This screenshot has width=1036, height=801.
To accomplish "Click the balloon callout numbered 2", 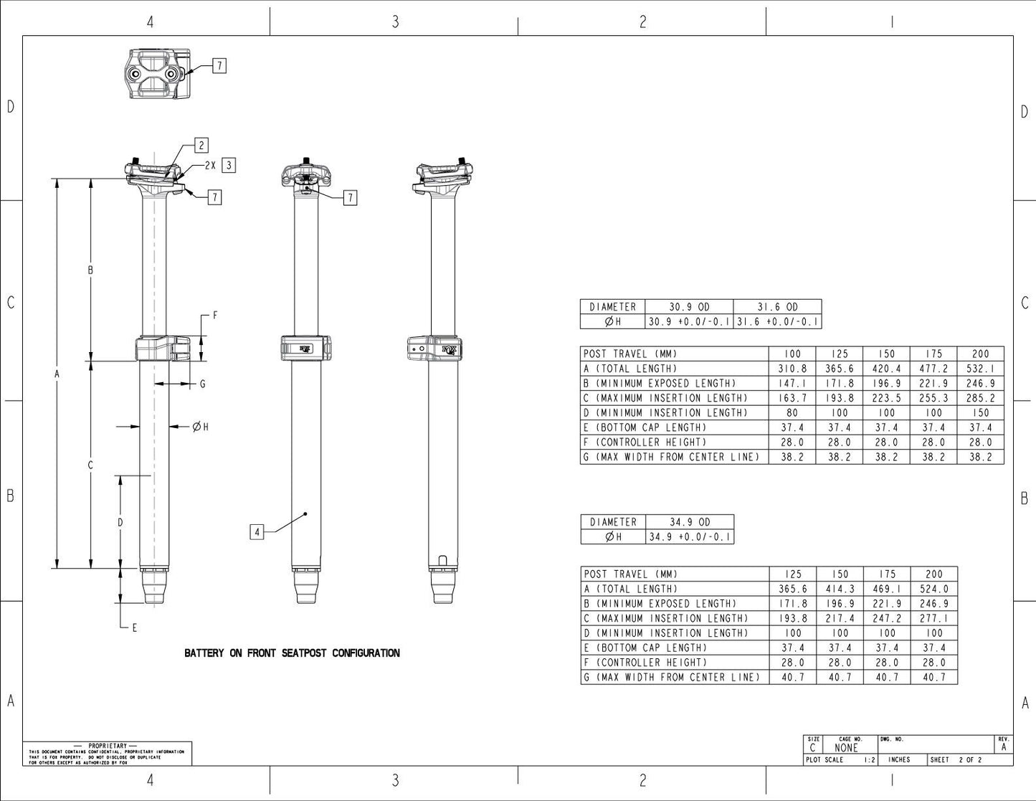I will point(201,146).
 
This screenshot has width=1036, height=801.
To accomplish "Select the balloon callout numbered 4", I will point(257,531).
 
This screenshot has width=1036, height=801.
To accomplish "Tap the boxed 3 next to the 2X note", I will point(229,165).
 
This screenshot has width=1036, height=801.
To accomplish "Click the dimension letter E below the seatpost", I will point(134,627).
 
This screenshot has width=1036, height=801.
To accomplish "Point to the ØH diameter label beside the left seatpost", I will point(201,427).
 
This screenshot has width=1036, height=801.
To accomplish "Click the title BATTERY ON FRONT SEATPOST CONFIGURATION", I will point(292,653).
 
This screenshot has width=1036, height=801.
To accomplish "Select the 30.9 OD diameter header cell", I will point(689,307).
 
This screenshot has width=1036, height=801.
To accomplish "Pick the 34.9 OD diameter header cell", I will point(690,522).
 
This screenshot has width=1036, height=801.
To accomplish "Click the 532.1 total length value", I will point(980,369).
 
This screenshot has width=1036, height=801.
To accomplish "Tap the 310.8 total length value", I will point(792,369).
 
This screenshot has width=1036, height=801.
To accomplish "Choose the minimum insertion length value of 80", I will point(792,413).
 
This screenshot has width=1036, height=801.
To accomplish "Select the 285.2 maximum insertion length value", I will point(980,398).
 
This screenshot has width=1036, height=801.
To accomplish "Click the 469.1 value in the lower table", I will point(887,589).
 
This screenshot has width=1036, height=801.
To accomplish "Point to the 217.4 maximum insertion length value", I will point(840,618).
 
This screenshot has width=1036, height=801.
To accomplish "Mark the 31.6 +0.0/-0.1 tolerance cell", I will point(778,322).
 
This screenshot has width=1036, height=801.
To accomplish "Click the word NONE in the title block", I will point(846,748).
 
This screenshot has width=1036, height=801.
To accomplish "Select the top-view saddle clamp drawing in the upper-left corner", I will point(158,75).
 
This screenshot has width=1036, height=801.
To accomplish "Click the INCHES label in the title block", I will point(899,759).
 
